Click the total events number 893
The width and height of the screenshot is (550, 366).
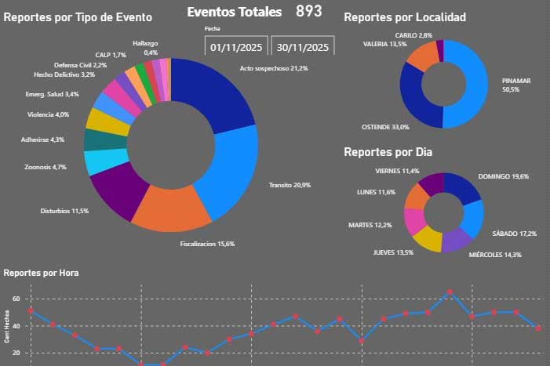(308, 11)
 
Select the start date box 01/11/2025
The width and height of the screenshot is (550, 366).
(239, 46)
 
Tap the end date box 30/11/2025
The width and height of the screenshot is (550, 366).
(303, 46)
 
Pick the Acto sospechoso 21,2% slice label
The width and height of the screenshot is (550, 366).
(273, 69)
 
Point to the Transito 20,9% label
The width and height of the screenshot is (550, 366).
(289, 185)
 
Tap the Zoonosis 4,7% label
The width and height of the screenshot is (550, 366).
(46, 167)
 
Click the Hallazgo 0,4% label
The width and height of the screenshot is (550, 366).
(145, 47)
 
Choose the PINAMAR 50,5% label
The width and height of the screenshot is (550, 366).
(515, 85)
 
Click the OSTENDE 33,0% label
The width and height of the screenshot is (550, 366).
(384, 127)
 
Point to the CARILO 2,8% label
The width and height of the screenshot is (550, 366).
(413, 35)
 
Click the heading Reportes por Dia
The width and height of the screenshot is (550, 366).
(388, 152)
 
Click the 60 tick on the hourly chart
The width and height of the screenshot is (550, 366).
(16, 299)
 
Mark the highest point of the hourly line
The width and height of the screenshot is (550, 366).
(450, 292)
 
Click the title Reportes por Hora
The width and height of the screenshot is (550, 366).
(41, 273)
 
